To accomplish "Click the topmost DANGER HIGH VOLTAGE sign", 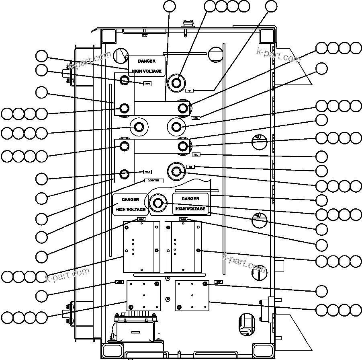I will (x=147, y=66).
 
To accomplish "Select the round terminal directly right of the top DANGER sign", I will (x=176, y=83).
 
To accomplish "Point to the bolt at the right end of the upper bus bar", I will (x=183, y=108).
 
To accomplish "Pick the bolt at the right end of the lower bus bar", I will (x=183, y=145).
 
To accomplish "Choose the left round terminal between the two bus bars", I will (x=139, y=127).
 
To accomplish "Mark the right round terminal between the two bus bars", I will (x=176, y=127).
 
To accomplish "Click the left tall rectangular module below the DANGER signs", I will (x=141, y=247).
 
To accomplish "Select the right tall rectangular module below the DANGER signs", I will (x=183, y=247).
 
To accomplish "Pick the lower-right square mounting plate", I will (x=192, y=295).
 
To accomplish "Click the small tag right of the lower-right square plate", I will (x=219, y=282).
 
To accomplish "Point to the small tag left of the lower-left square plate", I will (x=119, y=282).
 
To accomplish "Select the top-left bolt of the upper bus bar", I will (x=125, y=81).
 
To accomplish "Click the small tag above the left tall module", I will (x=141, y=219).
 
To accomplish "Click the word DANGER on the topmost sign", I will (x=147, y=61).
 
